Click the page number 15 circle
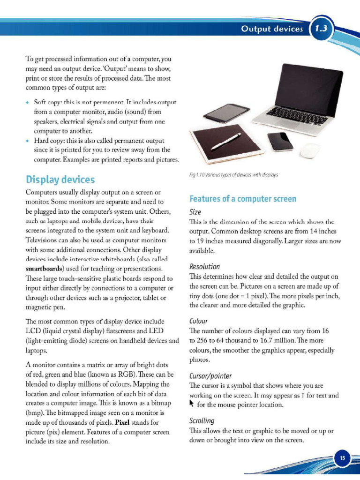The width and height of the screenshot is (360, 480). click(x=342, y=458)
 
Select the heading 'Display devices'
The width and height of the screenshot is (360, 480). click(x=60, y=180)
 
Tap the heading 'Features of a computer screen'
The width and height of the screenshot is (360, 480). click(x=242, y=199)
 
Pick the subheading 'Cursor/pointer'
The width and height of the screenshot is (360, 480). click(x=210, y=376)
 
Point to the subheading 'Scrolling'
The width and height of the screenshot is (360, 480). click(x=202, y=420)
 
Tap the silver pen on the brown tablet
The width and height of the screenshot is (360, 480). click(x=226, y=141)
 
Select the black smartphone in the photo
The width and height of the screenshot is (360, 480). click(x=280, y=141)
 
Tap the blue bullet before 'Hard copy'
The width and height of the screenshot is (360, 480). click(x=28, y=141)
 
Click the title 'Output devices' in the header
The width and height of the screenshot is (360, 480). click(x=272, y=29)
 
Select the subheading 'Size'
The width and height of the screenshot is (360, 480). click(x=195, y=212)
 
